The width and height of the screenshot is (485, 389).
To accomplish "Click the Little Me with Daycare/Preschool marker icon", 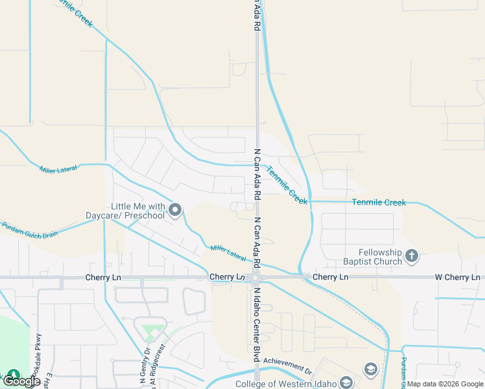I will pos(175,209).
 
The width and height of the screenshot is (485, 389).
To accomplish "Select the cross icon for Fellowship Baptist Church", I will pos(412,257).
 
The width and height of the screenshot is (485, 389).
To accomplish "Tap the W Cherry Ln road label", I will pos(458,277).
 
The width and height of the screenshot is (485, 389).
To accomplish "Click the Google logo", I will pos(22,381).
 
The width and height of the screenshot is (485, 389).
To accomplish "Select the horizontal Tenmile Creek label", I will pos(379,203).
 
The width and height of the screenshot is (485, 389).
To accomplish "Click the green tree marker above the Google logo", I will pos(13,375).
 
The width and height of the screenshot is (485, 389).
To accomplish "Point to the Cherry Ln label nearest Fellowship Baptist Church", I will pos(330,277).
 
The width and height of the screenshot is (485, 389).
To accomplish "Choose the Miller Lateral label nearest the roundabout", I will pos(228,253).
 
